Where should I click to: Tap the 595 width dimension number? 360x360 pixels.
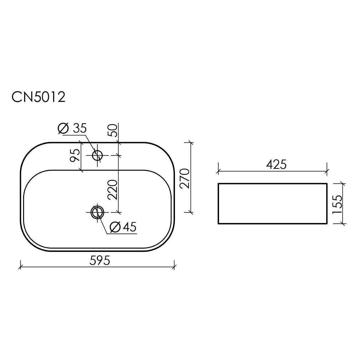(100, 260)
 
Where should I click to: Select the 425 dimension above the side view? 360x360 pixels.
(276, 165)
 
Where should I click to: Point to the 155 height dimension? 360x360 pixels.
(338, 204)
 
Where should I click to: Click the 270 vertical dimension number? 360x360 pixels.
(185, 178)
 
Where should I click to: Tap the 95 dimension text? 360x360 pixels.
(75, 155)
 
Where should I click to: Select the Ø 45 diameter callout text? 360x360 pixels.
(123, 227)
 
